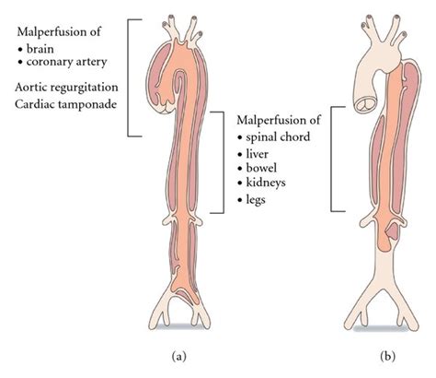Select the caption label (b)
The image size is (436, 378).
(x=384, y=353)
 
